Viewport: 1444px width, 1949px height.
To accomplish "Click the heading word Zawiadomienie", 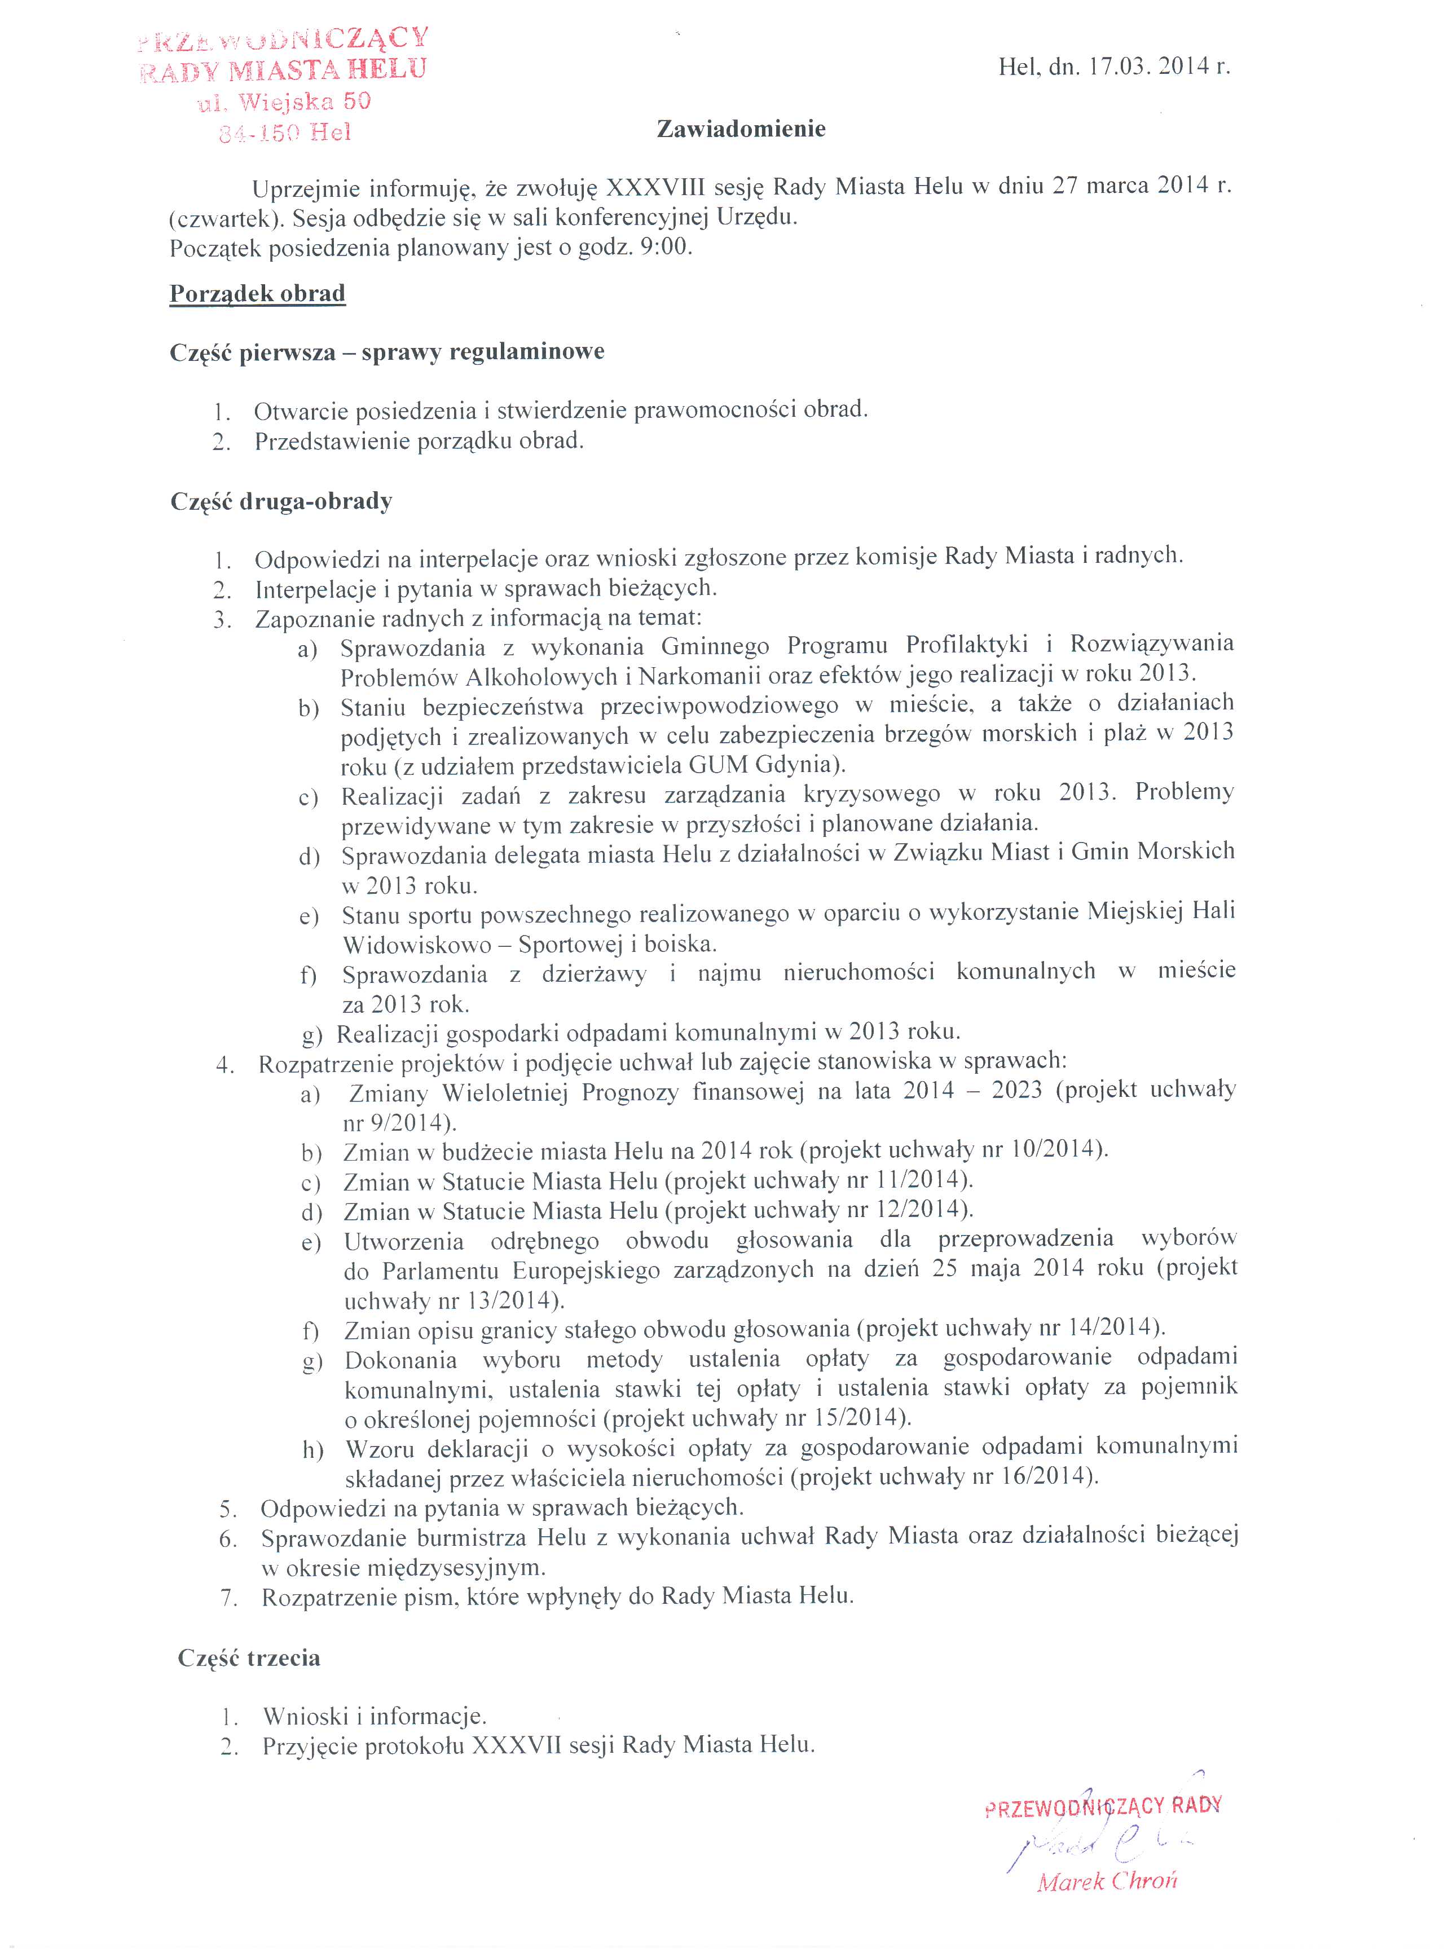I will [x=741, y=129].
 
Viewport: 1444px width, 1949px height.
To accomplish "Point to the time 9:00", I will [x=666, y=248].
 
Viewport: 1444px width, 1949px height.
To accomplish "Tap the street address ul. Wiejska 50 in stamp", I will [x=285, y=102].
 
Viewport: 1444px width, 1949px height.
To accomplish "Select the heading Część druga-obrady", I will [x=280, y=502].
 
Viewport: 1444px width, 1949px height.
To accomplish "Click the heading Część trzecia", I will [x=249, y=1658].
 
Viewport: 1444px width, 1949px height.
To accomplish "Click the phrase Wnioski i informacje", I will [x=374, y=1715].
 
